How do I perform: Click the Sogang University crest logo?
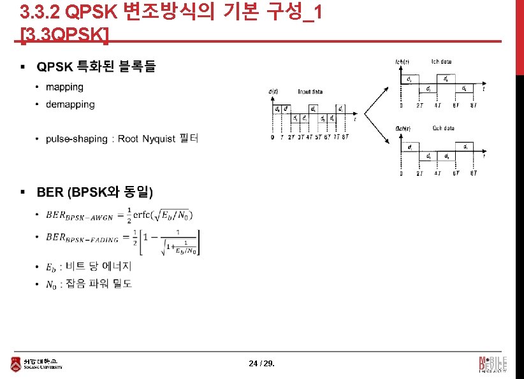pos(15,364)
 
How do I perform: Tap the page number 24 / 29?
pos(262,364)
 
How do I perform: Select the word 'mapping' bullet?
pos(64,87)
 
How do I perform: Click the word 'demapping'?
pos(70,104)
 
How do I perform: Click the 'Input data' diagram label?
pos(310,92)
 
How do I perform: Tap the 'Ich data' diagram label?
pos(441,62)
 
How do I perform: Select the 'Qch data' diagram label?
pos(443,128)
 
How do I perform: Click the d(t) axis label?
pos(273,92)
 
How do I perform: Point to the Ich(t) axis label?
pos(402,62)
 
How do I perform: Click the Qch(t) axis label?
pos(403,128)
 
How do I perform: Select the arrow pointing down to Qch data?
pos(379,131)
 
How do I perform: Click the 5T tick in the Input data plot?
pos(317,137)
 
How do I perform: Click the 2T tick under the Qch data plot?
pos(419,173)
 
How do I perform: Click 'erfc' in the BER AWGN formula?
pos(144,216)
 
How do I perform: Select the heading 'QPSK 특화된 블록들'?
pos(96,66)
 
